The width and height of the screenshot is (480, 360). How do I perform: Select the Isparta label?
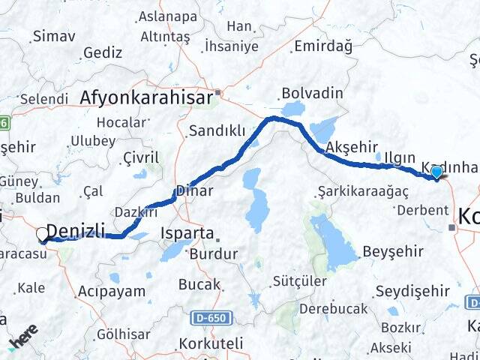click(187, 232)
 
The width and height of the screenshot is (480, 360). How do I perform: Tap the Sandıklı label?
click(217, 131)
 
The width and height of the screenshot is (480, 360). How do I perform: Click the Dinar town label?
click(194, 191)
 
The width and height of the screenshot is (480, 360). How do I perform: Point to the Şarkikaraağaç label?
click(362, 191)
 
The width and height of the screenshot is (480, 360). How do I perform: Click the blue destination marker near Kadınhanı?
click(436, 172)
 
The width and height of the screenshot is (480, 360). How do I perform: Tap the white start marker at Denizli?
click(42, 235)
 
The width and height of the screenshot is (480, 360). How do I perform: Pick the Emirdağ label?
click(322, 46)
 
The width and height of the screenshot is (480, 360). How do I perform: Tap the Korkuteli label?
click(211, 343)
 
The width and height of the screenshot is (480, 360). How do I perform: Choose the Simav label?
click(54, 35)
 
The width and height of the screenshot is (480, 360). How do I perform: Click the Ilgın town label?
click(400, 157)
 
